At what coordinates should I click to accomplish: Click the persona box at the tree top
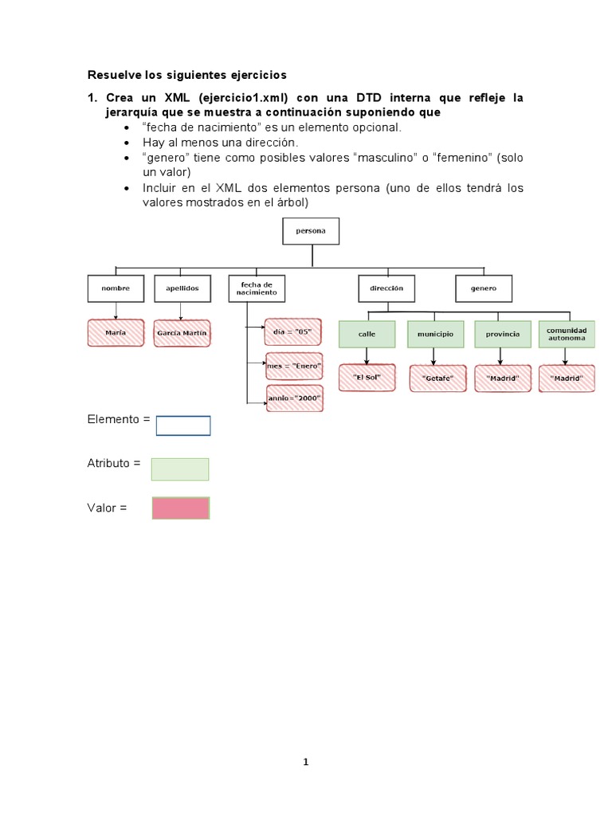[311, 232]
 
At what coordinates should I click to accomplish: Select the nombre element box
[116, 288]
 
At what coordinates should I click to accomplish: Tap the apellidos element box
[182, 288]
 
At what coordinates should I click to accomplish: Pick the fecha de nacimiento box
[256, 288]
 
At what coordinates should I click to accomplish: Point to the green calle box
[367, 334]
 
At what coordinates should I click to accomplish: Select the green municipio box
[435, 334]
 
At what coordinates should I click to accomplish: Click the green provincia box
[502, 334]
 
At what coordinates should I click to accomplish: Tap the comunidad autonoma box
[567, 334]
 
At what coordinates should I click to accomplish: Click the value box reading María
[116, 333]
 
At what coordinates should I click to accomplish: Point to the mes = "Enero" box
[294, 365]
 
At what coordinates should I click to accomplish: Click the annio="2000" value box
[294, 397]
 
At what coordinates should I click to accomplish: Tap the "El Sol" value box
[366, 377]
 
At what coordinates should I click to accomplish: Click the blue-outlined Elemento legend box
[183, 426]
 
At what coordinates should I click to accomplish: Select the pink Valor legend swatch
[181, 508]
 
